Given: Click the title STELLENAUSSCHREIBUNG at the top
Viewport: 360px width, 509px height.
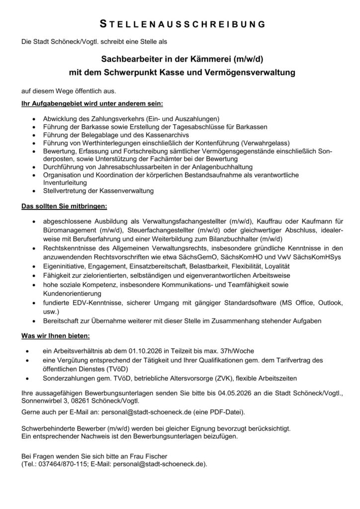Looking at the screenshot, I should click(180, 23).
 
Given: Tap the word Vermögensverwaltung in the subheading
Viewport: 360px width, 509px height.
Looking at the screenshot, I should click(253, 73).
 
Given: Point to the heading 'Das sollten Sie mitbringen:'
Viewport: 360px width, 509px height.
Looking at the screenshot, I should click(64, 205).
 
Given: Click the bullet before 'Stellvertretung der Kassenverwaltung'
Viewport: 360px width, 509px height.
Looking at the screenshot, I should click(33, 191).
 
